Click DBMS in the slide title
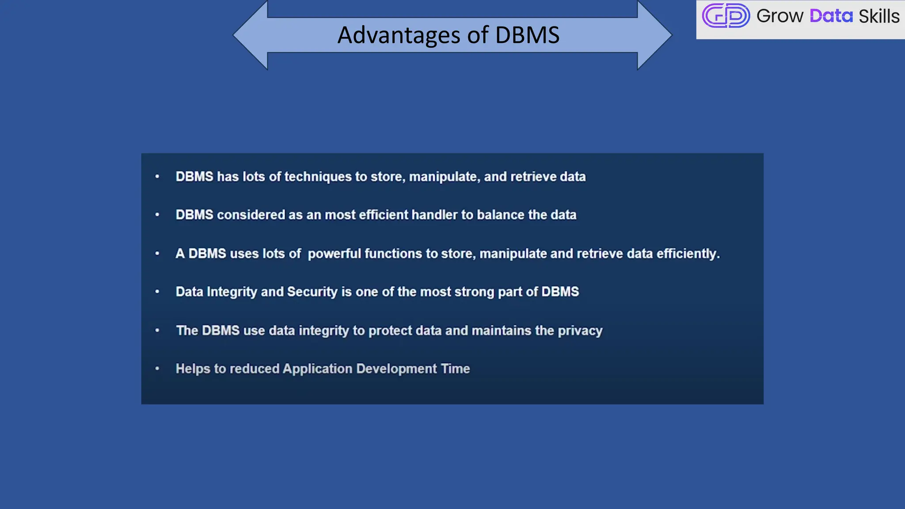(527, 35)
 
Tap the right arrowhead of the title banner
(654, 35)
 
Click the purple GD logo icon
(726, 16)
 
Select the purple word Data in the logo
(831, 16)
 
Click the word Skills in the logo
(878, 16)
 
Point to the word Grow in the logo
(780, 16)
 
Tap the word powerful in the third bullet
(334, 254)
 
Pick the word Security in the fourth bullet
(312, 292)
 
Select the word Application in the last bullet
(317, 369)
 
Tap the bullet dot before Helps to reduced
(157, 368)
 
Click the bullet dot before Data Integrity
(157, 292)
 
